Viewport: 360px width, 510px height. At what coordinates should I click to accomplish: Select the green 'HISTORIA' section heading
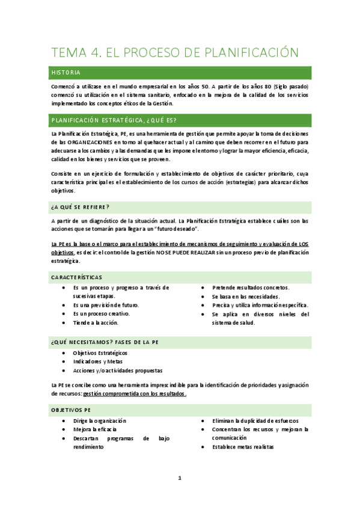click(70, 73)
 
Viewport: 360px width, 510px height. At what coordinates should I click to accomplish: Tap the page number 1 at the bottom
click(179, 478)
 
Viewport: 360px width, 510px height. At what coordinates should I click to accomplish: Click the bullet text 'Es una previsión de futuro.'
click(106, 305)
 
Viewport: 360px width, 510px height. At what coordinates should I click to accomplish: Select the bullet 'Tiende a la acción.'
click(96, 322)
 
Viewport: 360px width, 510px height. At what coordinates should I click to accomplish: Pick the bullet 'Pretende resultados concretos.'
click(250, 287)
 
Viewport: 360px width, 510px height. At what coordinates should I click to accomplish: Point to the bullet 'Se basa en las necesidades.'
click(245, 296)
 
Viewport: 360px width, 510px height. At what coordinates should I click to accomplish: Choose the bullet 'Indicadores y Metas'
click(97, 361)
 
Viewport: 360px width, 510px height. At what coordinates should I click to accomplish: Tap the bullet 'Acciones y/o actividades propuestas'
click(118, 370)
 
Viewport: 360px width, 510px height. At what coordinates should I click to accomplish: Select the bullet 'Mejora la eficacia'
click(95, 429)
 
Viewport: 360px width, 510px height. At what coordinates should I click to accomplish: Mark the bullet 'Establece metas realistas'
click(243, 447)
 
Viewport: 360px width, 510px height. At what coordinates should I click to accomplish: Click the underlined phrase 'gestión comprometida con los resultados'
click(134, 394)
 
